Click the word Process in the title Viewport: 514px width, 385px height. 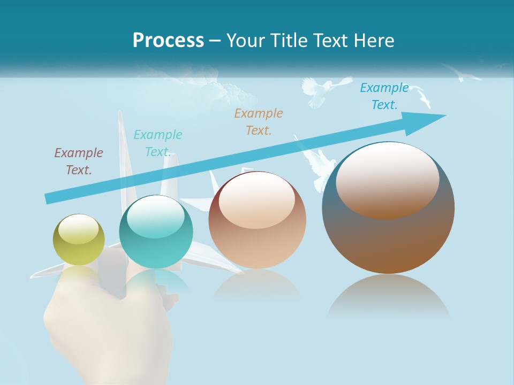tap(168, 40)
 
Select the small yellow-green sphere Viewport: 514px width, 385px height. tap(79, 240)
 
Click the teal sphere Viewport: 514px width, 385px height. tap(156, 232)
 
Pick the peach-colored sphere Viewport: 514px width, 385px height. tap(257, 220)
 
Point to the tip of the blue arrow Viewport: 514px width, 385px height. tap(444, 115)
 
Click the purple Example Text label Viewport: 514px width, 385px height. tap(79, 161)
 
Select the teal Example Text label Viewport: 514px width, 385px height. tap(157, 143)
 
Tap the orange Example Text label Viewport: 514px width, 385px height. tap(259, 121)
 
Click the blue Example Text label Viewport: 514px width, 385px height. tap(384, 96)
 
